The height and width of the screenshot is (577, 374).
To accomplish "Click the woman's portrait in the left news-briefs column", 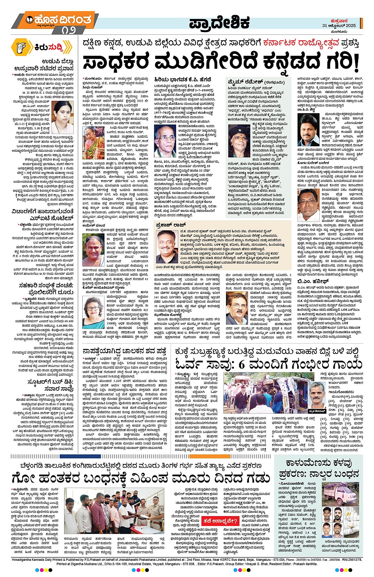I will point(62,112).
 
